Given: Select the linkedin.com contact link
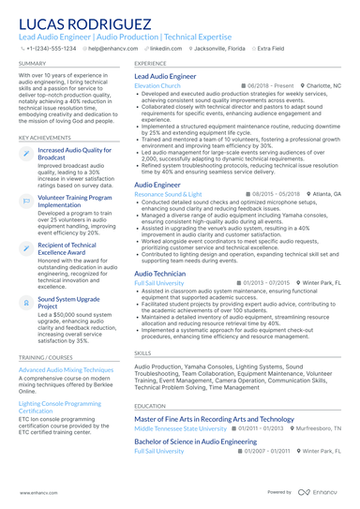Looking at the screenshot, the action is pyautogui.click(x=166, y=48).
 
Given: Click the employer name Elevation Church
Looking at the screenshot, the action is pyautogui.click(x=157, y=85).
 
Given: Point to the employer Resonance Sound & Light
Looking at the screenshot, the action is pyautogui.click(x=168, y=194).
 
